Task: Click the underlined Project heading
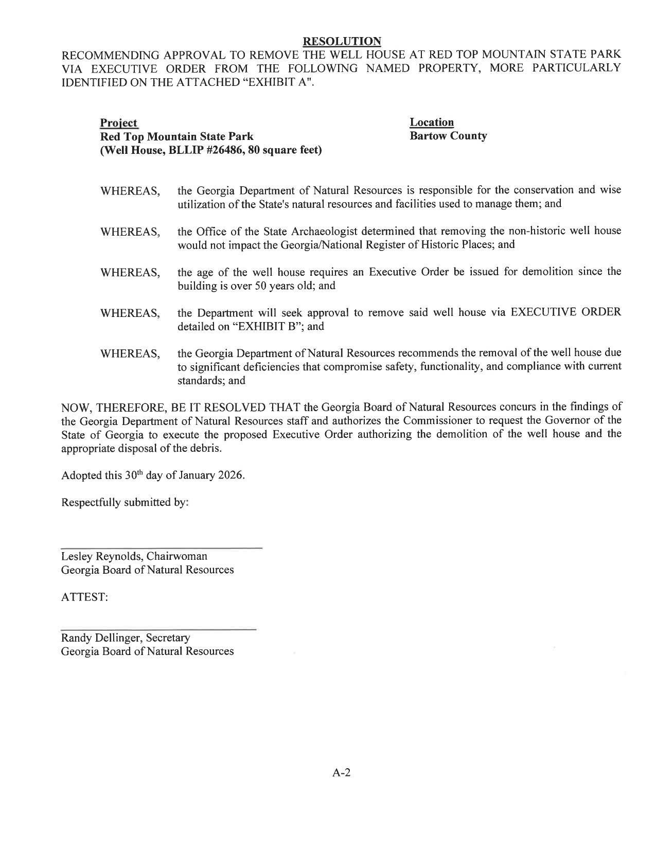(x=118, y=123)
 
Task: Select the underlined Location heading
(x=431, y=122)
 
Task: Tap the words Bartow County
(x=448, y=136)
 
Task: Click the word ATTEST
(x=84, y=597)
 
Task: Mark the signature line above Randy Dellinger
(x=158, y=629)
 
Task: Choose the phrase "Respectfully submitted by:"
(x=125, y=502)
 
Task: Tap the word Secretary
(x=168, y=638)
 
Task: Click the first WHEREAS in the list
(x=130, y=191)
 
